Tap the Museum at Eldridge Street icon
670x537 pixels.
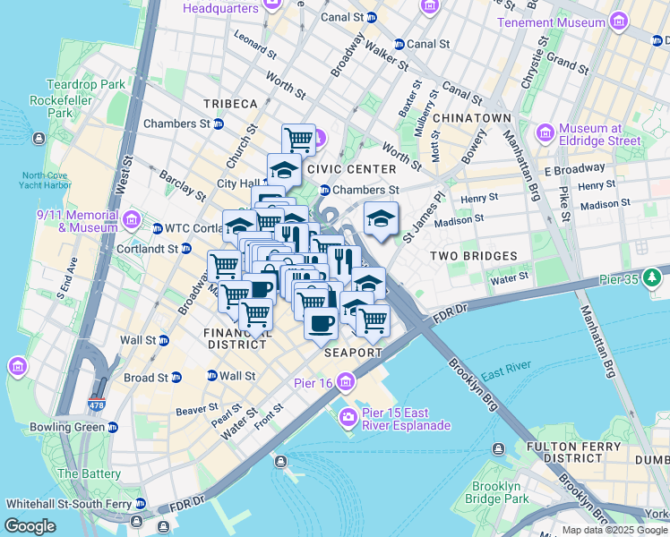pyautogui.click(x=545, y=133)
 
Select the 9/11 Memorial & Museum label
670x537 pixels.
pyautogui.click(x=77, y=221)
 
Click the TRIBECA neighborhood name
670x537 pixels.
pyautogui.click(x=230, y=105)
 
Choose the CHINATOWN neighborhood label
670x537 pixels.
pyautogui.click(x=472, y=118)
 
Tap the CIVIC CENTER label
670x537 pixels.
pyautogui.click(x=351, y=169)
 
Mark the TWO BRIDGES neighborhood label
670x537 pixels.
pyautogui.click(x=474, y=256)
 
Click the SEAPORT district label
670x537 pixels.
pyautogui.click(x=353, y=353)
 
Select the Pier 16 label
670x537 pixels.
pyautogui.click(x=313, y=383)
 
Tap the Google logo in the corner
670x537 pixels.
pyautogui.click(x=30, y=526)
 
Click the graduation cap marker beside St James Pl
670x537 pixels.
pyautogui.click(x=381, y=218)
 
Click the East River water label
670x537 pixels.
pyautogui.click(x=506, y=366)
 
